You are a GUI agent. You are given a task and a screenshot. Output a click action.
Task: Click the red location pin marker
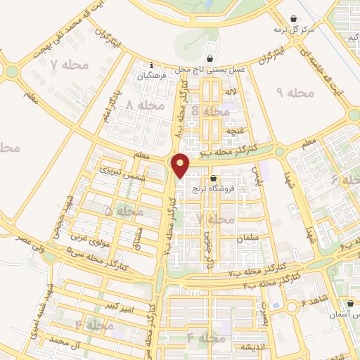pos(181,165)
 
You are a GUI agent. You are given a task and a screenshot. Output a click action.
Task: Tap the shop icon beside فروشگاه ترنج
pos(213,178)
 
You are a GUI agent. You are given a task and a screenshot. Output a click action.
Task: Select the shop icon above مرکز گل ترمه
pos(293,19)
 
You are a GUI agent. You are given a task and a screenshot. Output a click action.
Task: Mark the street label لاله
pos(231,92)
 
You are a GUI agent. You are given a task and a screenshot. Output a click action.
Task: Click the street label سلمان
pos(249,239)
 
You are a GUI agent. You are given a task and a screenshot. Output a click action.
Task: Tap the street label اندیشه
pos(252,347)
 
